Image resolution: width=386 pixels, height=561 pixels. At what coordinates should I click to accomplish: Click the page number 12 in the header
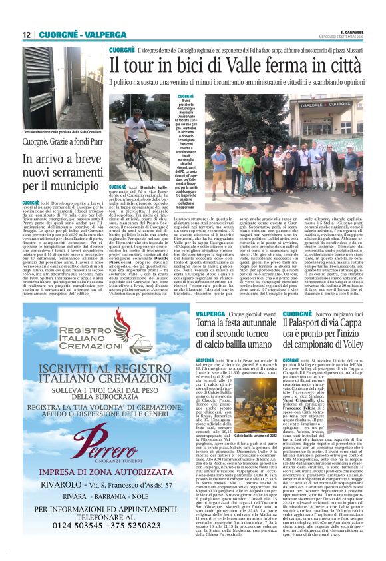[27, 34]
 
